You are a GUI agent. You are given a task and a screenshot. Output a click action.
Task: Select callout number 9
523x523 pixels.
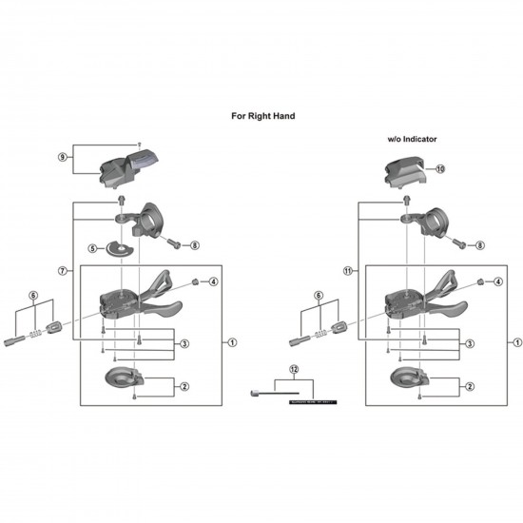pyautogui.click(x=64, y=157)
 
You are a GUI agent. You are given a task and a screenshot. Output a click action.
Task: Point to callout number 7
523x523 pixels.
pyautogui.click(x=64, y=271)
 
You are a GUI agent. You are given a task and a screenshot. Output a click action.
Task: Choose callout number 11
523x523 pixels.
pyautogui.click(x=349, y=271)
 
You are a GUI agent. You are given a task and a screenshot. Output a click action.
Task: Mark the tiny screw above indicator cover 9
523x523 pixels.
pyautogui.click(x=139, y=139)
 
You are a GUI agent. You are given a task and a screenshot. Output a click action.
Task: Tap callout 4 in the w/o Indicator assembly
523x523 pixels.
pyautogui.click(x=498, y=281)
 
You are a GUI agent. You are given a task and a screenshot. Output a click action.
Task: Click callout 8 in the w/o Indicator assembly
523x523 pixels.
pyautogui.click(x=479, y=244)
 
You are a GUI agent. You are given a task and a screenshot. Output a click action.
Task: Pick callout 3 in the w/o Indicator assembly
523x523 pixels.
pyautogui.click(x=470, y=343)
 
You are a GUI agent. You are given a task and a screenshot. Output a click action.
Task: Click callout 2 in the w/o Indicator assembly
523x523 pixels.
pyautogui.click(x=470, y=387)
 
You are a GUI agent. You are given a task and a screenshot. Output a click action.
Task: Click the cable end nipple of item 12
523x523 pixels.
pyautogui.click(x=257, y=392)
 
